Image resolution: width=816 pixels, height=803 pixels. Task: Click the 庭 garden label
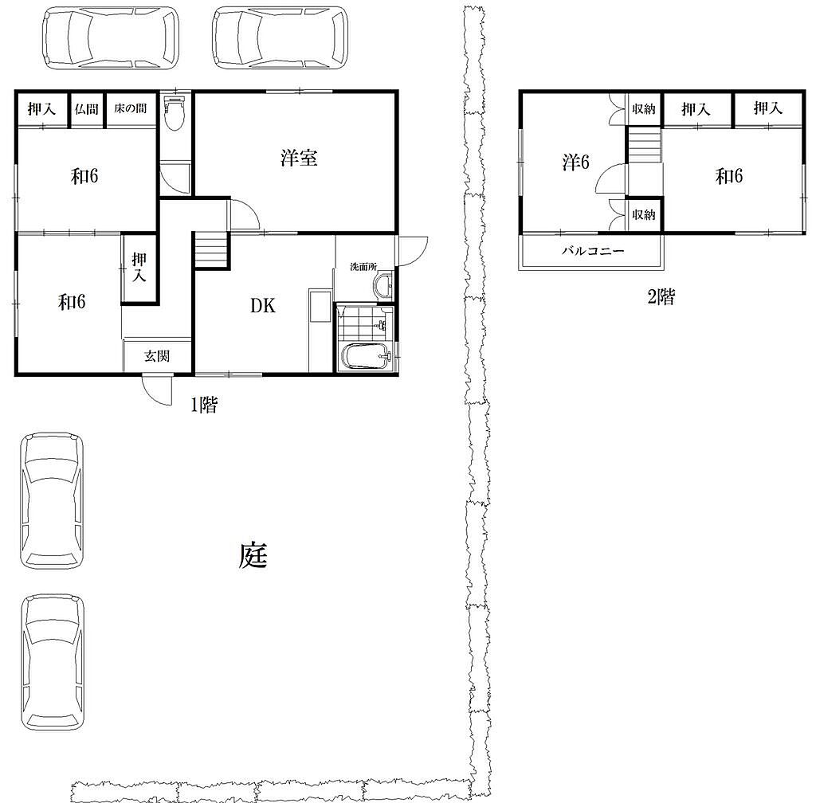point(253,555)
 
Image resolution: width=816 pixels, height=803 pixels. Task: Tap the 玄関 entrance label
point(157,356)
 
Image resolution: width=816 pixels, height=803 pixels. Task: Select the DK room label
point(263,306)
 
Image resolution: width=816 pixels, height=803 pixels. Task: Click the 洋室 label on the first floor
point(299,158)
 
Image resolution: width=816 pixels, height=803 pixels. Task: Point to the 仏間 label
point(86,108)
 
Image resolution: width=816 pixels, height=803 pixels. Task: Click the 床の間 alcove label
point(130,108)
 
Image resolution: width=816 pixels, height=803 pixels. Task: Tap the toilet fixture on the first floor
point(175,112)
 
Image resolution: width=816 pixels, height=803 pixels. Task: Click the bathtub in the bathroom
point(367,357)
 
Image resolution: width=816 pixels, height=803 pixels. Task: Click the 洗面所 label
point(363,267)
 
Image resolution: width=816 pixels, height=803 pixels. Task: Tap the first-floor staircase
point(211,250)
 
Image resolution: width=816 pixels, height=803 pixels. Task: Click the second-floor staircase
point(644,146)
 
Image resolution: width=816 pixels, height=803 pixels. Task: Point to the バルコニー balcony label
point(593,251)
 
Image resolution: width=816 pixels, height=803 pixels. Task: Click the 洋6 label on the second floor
point(575,163)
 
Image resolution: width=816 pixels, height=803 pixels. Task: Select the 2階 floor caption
point(661,297)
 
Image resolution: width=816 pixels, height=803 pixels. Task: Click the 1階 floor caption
point(203,405)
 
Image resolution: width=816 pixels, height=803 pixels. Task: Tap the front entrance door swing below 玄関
point(157,389)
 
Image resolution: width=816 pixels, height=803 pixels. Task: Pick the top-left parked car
point(111,37)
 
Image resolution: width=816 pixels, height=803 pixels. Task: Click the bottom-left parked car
point(52,662)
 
